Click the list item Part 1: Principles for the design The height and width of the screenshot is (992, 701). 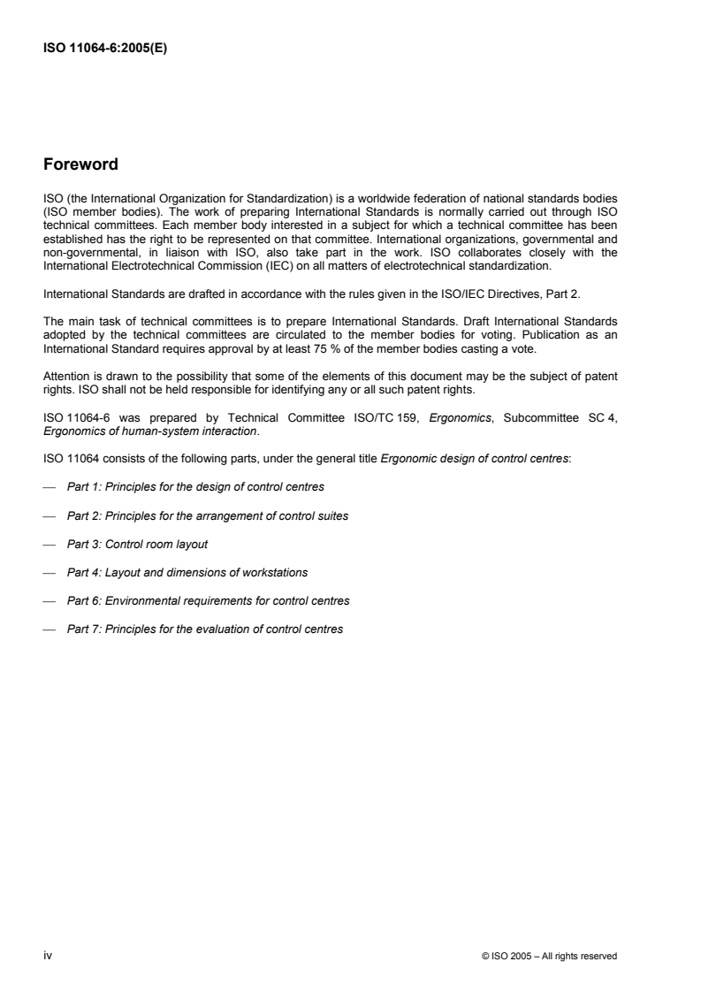click(194, 487)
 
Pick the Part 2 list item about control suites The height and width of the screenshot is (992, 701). click(207, 515)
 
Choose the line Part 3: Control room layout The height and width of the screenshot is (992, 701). click(137, 544)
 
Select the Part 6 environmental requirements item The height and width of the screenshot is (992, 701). click(208, 600)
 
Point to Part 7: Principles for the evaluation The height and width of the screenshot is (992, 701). click(205, 629)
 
